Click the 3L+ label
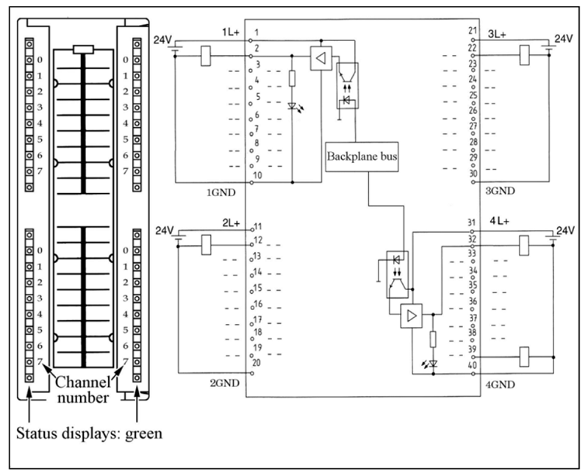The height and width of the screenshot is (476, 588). click(x=498, y=35)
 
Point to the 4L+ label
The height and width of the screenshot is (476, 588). click(x=499, y=221)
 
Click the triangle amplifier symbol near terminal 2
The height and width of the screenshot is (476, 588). click(x=319, y=59)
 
